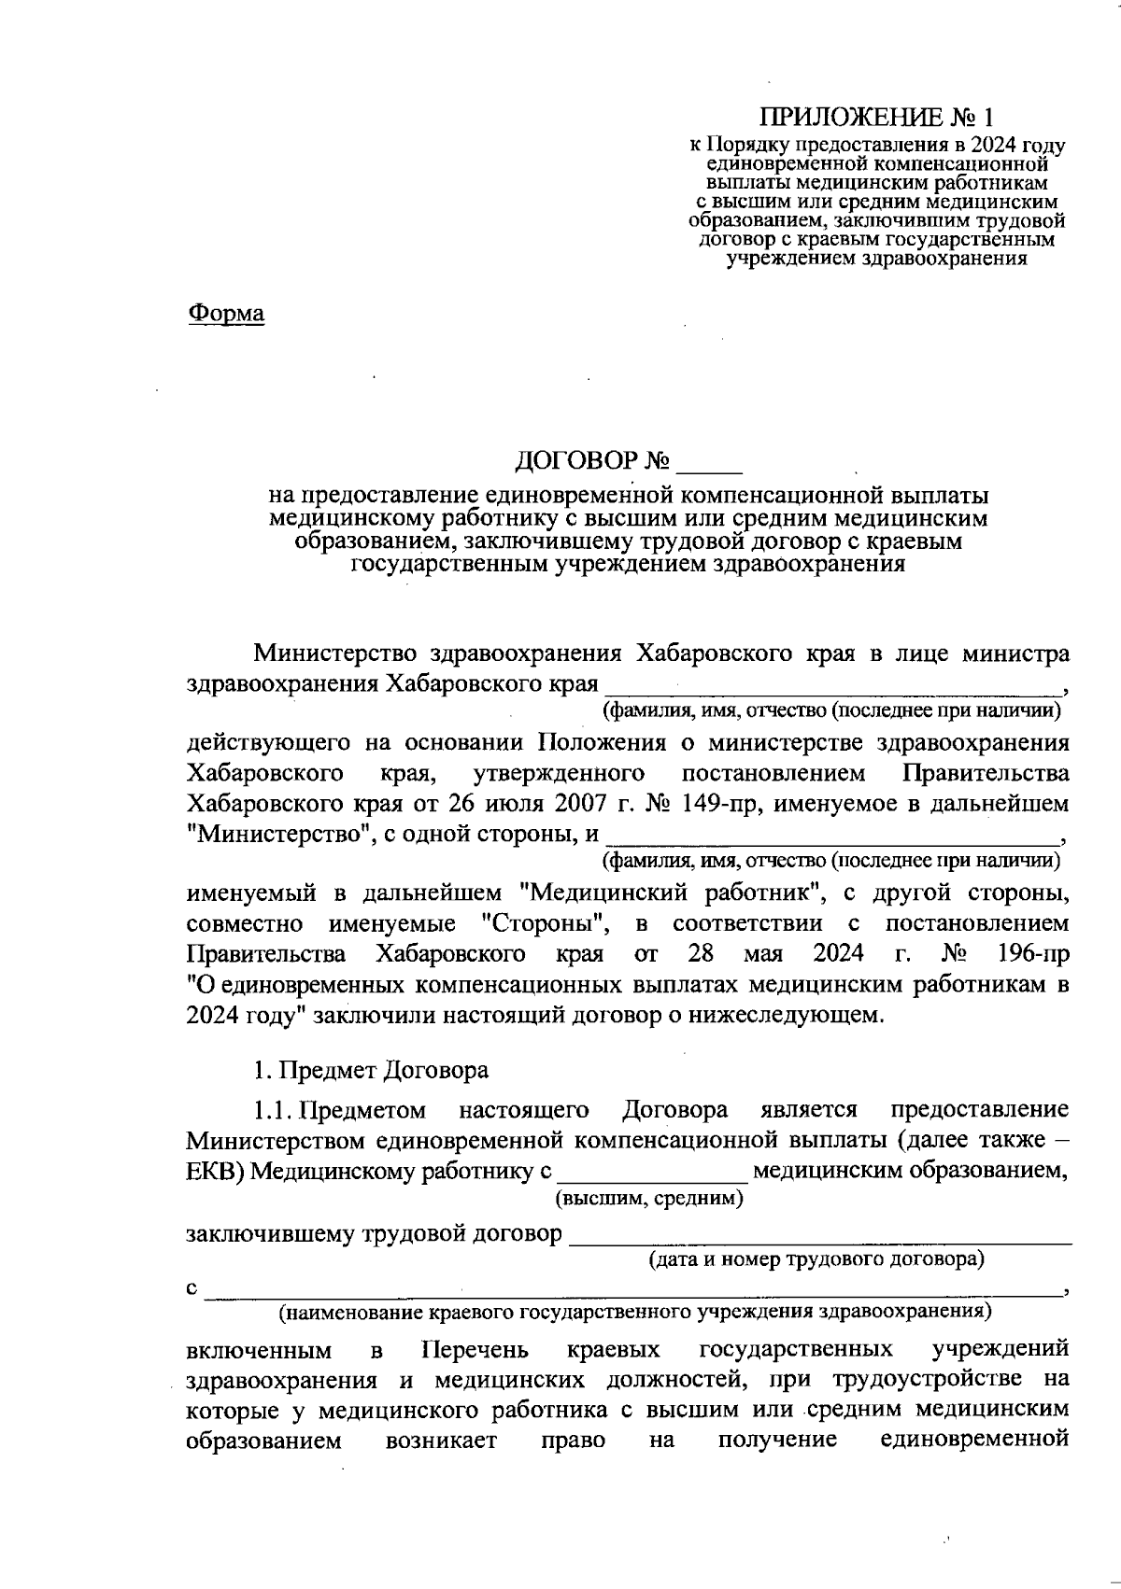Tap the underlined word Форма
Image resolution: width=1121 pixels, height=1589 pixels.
(226, 314)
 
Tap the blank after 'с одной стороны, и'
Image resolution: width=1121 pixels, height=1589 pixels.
(831, 836)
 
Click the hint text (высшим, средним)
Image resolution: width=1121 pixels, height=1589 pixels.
(649, 1198)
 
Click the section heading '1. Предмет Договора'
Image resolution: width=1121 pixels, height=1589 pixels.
(371, 1070)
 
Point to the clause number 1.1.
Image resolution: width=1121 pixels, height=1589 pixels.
(272, 1110)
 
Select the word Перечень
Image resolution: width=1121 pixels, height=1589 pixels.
(475, 1351)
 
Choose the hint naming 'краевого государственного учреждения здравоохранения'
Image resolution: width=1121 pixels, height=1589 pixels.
(634, 1312)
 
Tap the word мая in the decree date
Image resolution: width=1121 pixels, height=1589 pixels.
(762, 955)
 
